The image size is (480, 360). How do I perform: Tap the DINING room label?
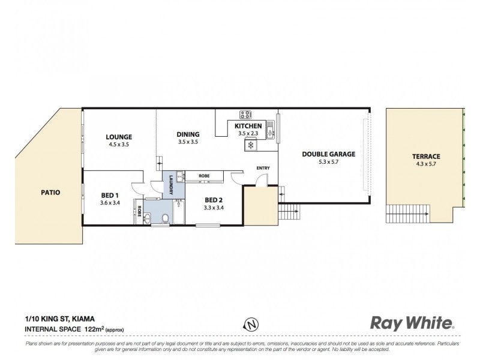[188, 134]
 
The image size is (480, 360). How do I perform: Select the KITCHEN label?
[247, 126]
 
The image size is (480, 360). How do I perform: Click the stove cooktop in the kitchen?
[245, 114]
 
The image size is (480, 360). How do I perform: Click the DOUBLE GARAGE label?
[328, 154]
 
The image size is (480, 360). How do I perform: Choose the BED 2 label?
[214, 200]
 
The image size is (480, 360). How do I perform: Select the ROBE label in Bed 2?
[205, 176]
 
